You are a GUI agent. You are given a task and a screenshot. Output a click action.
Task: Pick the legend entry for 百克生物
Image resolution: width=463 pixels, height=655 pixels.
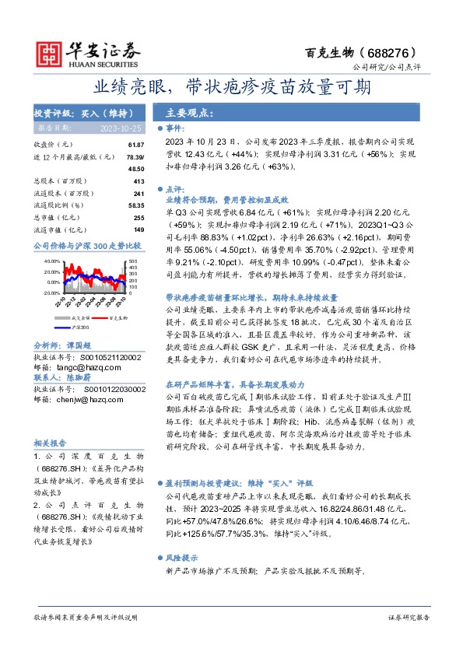tap(118, 317)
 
